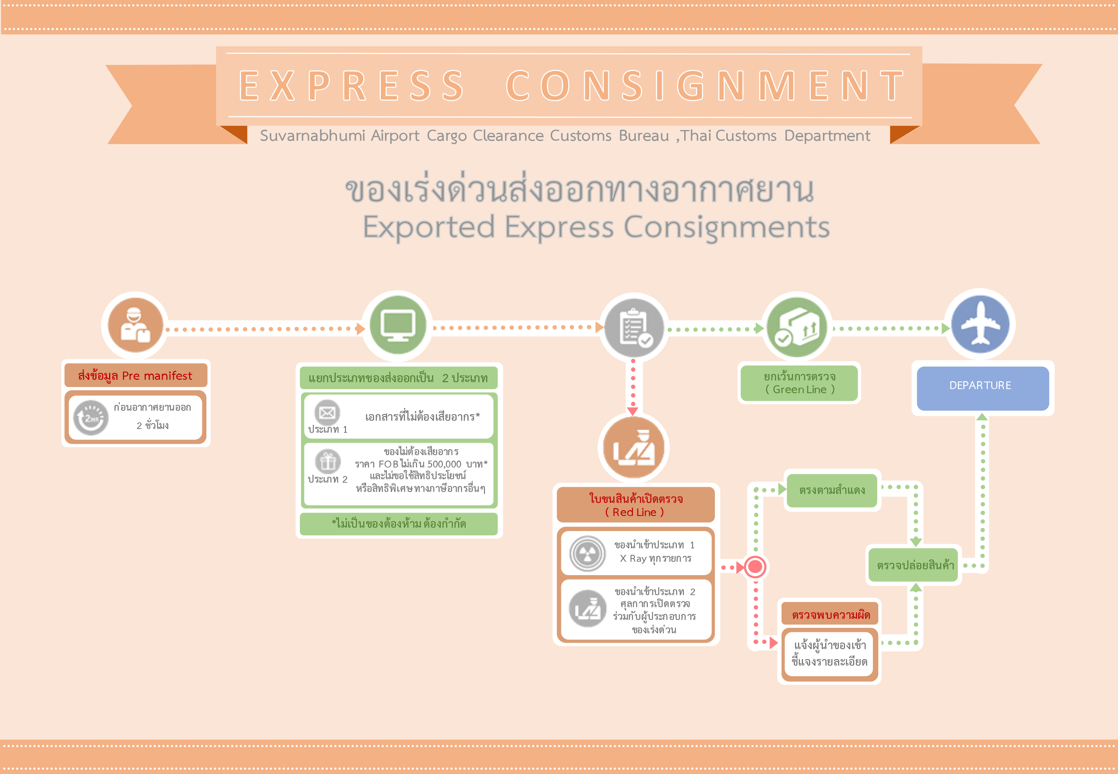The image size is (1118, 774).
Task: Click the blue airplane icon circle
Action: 980,324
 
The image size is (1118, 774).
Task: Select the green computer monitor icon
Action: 398,325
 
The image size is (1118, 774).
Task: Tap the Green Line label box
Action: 799,383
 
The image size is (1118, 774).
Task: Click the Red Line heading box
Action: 635,505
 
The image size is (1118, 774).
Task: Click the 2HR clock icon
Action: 91,418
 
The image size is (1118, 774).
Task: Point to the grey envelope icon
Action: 327,413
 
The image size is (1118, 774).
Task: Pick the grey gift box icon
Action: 328,461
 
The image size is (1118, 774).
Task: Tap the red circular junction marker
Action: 755,567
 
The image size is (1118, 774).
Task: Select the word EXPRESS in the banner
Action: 352,86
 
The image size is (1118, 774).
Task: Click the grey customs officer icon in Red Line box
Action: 588,609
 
